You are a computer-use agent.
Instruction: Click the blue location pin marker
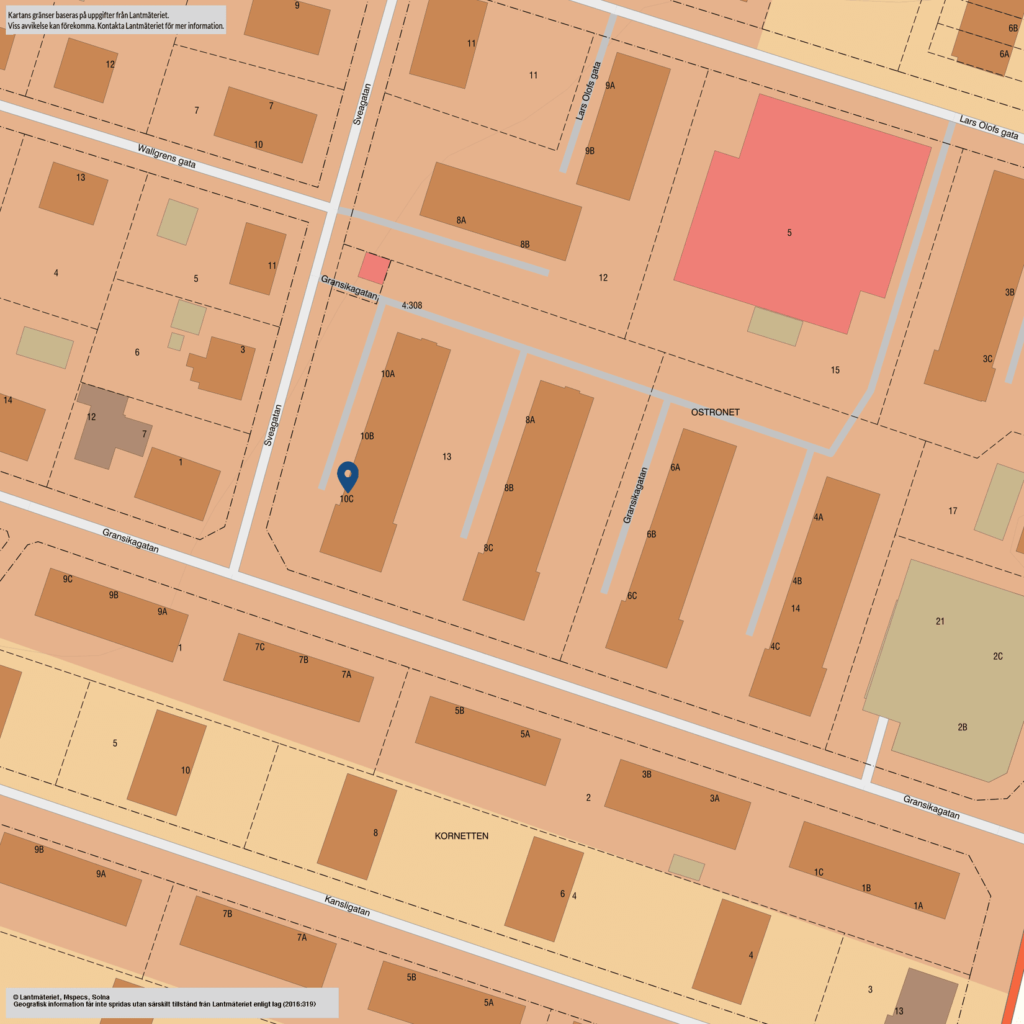[x=348, y=476]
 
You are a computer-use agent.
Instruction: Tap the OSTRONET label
[x=715, y=412]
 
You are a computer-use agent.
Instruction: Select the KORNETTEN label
[x=461, y=836]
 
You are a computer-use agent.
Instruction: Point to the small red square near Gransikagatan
[x=374, y=268]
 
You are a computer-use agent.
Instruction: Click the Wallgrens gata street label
[x=166, y=156]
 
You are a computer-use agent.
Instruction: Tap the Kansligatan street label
[x=347, y=905]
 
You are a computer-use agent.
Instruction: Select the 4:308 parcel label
[x=411, y=305]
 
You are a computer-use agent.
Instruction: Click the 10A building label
[x=387, y=374]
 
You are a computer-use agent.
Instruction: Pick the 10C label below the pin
[x=346, y=499]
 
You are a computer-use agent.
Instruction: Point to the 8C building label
[x=488, y=548]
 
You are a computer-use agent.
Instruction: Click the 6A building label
[x=675, y=467]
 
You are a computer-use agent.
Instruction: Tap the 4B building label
[x=797, y=581]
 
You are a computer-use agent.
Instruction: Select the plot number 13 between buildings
[x=447, y=457]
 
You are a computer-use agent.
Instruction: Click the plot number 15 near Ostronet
[x=835, y=370]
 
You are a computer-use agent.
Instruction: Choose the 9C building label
[x=68, y=579]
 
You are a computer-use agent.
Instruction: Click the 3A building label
[x=714, y=799]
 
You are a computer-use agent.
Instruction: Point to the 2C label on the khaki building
[x=997, y=656]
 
